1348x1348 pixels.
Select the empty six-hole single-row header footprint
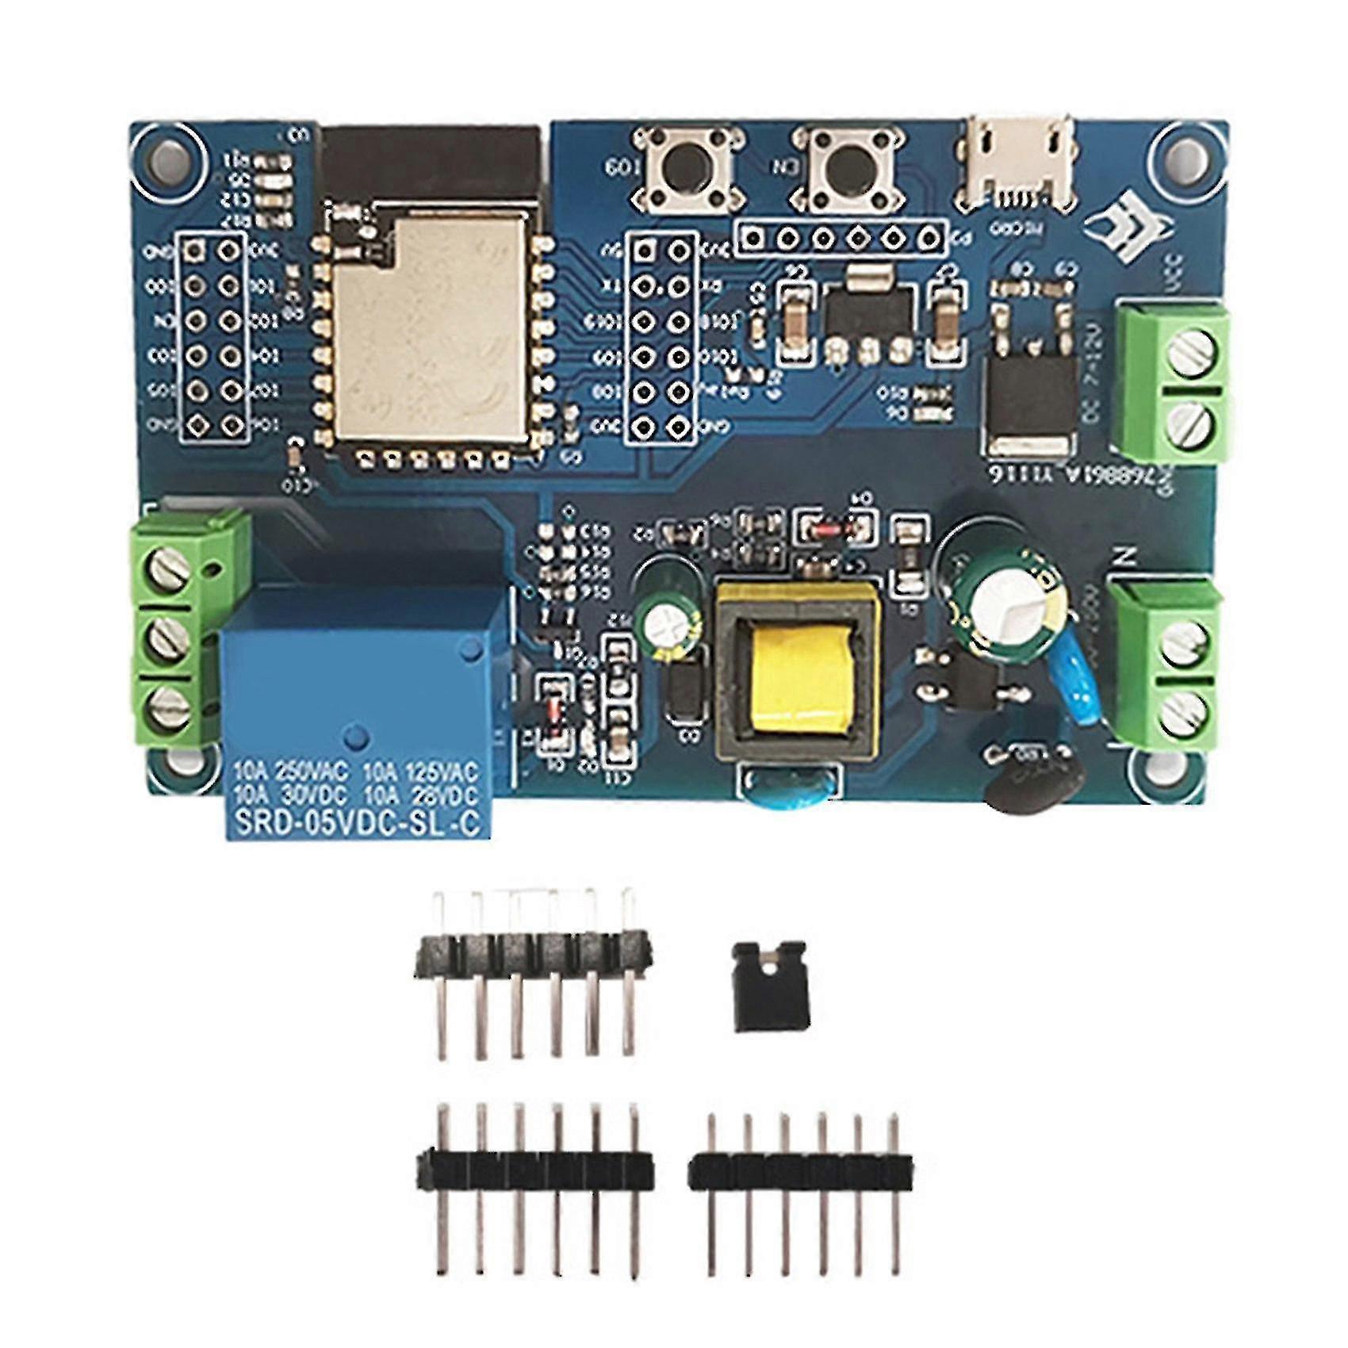coord(841,237)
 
